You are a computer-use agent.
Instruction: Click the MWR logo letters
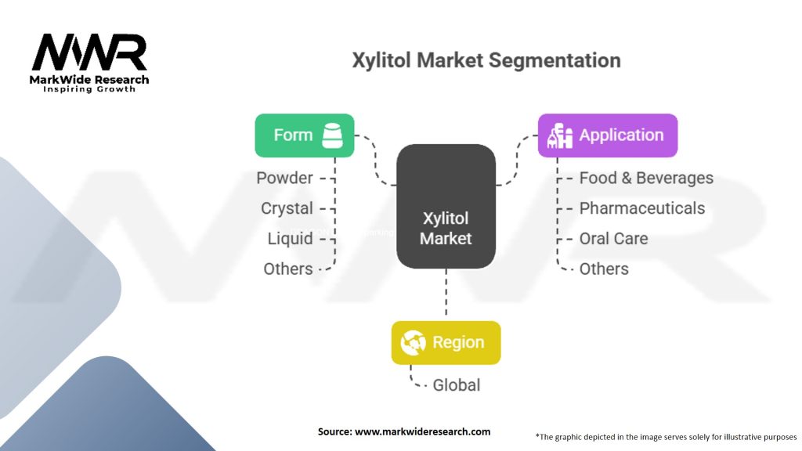[x=89, y=52]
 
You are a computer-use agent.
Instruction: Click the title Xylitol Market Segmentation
[x=486, y=60]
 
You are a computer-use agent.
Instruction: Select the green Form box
[x=305, y=135]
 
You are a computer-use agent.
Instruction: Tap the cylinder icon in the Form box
[x=332, y=135]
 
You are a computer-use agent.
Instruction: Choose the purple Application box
[x=608, y=135]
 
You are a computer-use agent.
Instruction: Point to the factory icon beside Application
[x=560, y=135]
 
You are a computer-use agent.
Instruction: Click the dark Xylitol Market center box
[x=446, y=206]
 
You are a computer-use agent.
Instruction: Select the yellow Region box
[x=446, y=343]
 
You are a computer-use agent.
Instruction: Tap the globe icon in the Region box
[x=414, y=342]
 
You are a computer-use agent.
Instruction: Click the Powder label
[x=284, y=178]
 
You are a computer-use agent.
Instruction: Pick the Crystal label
[x=287, y=208]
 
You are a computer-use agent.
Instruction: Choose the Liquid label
[x=290, y=239]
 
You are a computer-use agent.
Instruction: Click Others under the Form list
[x=288, y=269]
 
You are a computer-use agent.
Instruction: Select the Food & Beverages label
[x=646, y=178]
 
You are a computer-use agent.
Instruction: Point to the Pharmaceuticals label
[x=642, y=208]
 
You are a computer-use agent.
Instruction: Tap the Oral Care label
[x=613, y=239]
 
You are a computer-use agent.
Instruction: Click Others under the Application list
[x=604, y=269]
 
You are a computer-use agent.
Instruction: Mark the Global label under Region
[x=457, y=385]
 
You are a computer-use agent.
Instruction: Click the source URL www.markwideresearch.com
[x=422, y=431]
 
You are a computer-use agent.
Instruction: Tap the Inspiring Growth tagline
[x=89, y=89]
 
